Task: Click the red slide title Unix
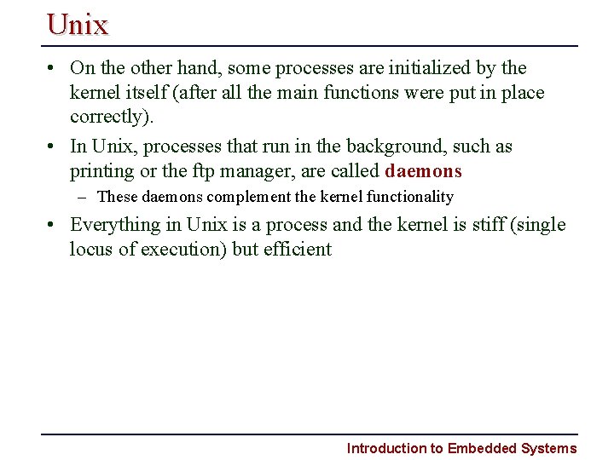pyautogui.click(x=78, y=24)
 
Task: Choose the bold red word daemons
pyautogui.click(x=423, y=171)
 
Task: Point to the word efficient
pyautogui.click(x=298, y=250)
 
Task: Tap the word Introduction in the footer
pyautogui.click(x=385, y=448)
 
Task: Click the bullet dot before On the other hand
pyautogui.click(x=53, y=68)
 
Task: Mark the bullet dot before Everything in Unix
pyautogui.click(x=53, y=225)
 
